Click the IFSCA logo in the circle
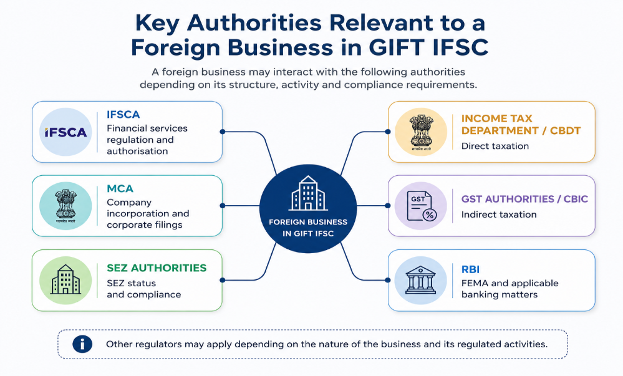click(x=65, y=132)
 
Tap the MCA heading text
click(x=120, y=188)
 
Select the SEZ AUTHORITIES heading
click(x=157, y=268)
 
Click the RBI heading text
click(x=470, y=269)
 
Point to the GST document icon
click(x=422, y=206)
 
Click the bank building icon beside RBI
click(x=420, y=280)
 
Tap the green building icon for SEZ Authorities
click(x=65, y=280)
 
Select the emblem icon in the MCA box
click(x=65, y=206)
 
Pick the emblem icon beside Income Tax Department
click(x=421, y=132)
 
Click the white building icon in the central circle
click(x=308, y=193)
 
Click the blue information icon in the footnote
click(x=82, y=344)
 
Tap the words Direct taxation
click(x=495, y=147)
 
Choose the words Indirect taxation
click(x=499, y=215)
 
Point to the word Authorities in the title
click(x=253, y=22)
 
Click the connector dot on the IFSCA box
click(x=223, y=132)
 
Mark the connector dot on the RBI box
click(x=388, y=280)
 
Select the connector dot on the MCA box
click(x=223, y=206)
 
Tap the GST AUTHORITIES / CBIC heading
click(x=524, y=199)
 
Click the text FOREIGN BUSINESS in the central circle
click(x=308, y=222)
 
